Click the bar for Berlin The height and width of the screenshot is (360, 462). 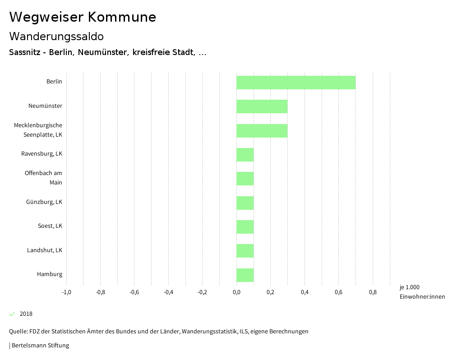[x=296, y=83]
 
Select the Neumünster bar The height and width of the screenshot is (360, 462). [x=262, y=106]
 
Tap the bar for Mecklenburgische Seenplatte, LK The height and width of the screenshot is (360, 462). [x=262, y=131]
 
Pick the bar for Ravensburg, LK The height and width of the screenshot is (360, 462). [x=245, y=155]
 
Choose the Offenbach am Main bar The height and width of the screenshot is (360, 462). [x=245, y=179]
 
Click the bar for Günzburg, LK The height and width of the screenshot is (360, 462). [x=245, y=203]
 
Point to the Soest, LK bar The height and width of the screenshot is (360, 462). [x=245, y=227]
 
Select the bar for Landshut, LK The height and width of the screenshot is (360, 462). [x=245, y=251]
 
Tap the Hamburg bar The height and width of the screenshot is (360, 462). [x=245, y=275]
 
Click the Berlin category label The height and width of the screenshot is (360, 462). [x=54, y=82]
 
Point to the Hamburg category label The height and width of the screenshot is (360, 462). [x=50, y=274]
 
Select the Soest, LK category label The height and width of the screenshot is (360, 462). [x=50, y=226]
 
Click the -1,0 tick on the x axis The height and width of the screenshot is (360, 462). [x=66, y=292]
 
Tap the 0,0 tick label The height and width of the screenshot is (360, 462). [x=236, y=292]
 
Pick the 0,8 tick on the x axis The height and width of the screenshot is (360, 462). [x=373, y=292]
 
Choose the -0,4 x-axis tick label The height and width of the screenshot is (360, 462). [x=168, y=292]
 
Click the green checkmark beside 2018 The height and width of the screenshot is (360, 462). [x=12, y=314]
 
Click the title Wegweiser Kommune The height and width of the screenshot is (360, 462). [x=83, y=17]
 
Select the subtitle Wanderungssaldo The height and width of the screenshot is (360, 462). [x=56, y=36]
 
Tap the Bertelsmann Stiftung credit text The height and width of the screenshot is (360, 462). [x=40, y=346]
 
